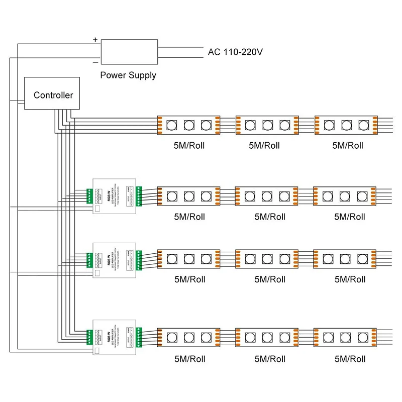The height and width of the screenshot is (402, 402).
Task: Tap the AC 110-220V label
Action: click(x=235, y=52)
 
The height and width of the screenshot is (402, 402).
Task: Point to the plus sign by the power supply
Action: click(x=95, y=39)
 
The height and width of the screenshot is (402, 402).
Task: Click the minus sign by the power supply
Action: click(x=95, y=62)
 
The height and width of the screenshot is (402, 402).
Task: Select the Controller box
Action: click(x=53, y=95)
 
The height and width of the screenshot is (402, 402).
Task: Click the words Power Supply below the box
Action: click(x=128, y=75)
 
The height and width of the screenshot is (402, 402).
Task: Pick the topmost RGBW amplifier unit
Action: click(x=115, y=196)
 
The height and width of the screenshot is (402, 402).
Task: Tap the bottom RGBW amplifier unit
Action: click(x=115, y=337)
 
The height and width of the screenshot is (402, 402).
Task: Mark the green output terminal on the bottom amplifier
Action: click(x=139, y=336)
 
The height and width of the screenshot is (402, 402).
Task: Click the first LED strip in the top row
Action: click(x=189, y=125)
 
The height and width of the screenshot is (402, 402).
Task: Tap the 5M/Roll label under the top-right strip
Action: click(x=348, y=146)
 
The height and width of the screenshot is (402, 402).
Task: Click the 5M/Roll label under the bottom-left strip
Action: click(x=189, y=359)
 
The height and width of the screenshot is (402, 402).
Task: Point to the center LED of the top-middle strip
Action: click(x=267, y=125)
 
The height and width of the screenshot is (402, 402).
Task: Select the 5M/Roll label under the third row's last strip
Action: click(x=350, y=279)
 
